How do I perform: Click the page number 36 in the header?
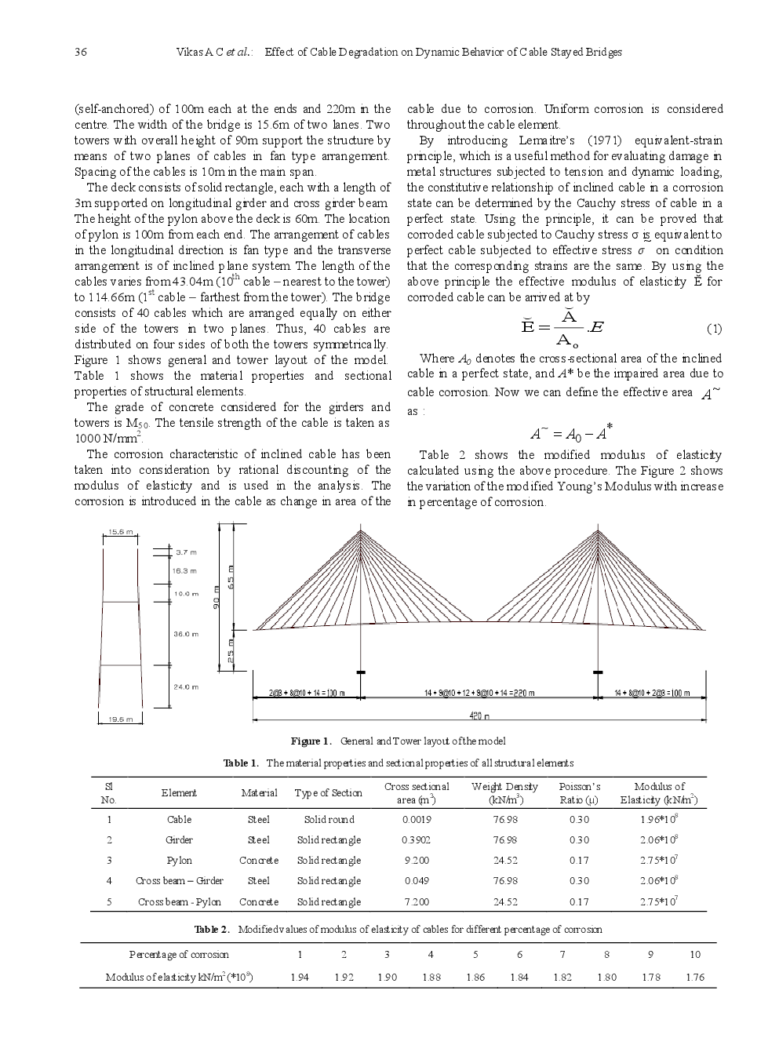[x=80, y=53]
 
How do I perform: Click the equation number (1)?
[x=714, y=329]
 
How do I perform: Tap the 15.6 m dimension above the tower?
[x=120, y=532]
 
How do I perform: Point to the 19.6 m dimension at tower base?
[x=120, y=719]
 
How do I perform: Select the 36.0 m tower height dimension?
[x=186, y=634]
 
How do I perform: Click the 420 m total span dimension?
[x=479, y=716]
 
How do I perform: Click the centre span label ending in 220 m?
[x=479, y=694]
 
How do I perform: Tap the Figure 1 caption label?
[x=311, y=741]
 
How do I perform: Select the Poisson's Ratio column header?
[x=579, y=793]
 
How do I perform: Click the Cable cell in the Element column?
[x=179, y=820]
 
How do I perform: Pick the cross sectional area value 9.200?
[x=417, y=861]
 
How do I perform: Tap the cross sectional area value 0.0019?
[x=417, y=820]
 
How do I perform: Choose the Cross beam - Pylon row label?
[x=179, y=902]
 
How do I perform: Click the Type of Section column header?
[x=328, y=793]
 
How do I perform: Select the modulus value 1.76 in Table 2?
[x=694, y=978]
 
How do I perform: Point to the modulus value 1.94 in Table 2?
[x=299, y=978]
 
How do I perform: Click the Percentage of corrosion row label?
[x=179, y=955]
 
